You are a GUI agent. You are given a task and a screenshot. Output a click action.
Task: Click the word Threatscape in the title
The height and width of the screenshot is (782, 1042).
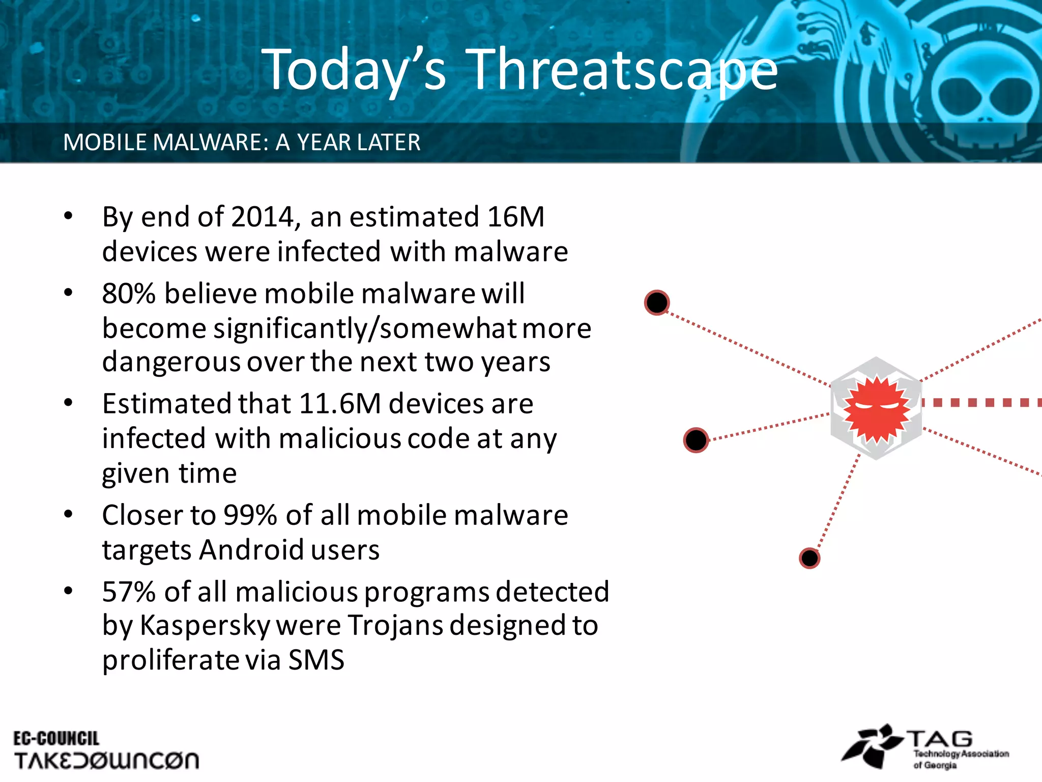coord(622,70)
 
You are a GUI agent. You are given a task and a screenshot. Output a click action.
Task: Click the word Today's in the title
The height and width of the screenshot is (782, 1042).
coord(354,70)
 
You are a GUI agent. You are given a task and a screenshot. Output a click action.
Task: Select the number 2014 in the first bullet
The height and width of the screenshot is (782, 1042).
coord(263,217)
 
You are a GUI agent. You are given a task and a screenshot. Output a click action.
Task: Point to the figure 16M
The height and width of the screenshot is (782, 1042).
coord(515,217)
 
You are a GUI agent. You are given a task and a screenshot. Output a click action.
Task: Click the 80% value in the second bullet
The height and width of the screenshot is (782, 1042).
coord(128,294)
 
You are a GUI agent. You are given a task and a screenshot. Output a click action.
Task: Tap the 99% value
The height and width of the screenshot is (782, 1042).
coord(250,515)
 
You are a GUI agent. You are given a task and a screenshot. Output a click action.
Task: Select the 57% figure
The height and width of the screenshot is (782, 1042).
coord(128,592)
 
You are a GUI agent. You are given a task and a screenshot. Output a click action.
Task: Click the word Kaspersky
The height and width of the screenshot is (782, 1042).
coord(205,626)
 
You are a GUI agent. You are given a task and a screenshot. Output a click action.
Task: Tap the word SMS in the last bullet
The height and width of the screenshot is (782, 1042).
coord(316,660)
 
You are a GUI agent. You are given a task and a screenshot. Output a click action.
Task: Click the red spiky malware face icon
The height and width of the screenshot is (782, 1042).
coord(876,408)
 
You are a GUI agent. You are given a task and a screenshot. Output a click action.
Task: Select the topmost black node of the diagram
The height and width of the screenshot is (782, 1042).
coord(657,303)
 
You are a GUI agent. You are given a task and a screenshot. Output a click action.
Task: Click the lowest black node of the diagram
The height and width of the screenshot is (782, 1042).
coord(809,558)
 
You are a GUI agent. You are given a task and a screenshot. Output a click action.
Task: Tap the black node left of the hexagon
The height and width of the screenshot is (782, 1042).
coord(696,440)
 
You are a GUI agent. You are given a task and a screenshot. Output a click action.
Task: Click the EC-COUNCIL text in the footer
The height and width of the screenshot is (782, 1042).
coord(56,739)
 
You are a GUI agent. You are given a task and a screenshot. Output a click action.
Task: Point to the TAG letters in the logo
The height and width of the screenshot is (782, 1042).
coord(940,739)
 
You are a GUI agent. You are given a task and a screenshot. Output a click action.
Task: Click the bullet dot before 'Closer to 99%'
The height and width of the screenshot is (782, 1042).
coord(68,514)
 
